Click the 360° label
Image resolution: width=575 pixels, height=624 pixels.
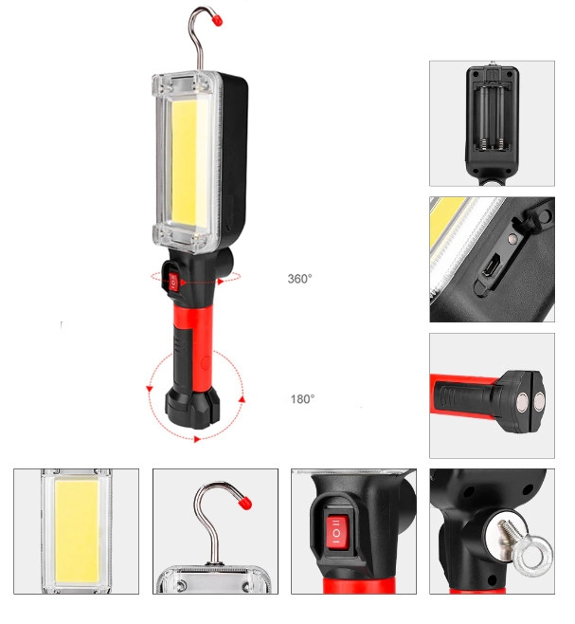coord(300,279)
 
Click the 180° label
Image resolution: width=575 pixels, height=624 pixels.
coord(302,398)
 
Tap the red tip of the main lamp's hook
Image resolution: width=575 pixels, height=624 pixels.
coord(217,20)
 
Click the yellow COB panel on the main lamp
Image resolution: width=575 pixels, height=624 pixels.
coord(189,163)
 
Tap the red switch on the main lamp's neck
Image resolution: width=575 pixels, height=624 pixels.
coord(173,283)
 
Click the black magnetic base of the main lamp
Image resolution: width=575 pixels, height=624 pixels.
coord(193,407)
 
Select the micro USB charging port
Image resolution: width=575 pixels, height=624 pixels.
coord(490,266)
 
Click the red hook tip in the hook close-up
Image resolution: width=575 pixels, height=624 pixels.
coord(245,503)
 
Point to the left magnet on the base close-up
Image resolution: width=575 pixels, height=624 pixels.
coord(522,401)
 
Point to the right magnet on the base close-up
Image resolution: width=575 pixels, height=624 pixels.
coord(540,401)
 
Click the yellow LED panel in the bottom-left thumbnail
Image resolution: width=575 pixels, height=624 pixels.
coord(77,532)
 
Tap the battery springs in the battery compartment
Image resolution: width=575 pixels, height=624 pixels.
coord(493,144)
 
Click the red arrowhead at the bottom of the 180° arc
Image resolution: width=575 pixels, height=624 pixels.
coord(196,439)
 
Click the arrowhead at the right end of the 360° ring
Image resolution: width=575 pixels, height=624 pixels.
coord(221,282)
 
